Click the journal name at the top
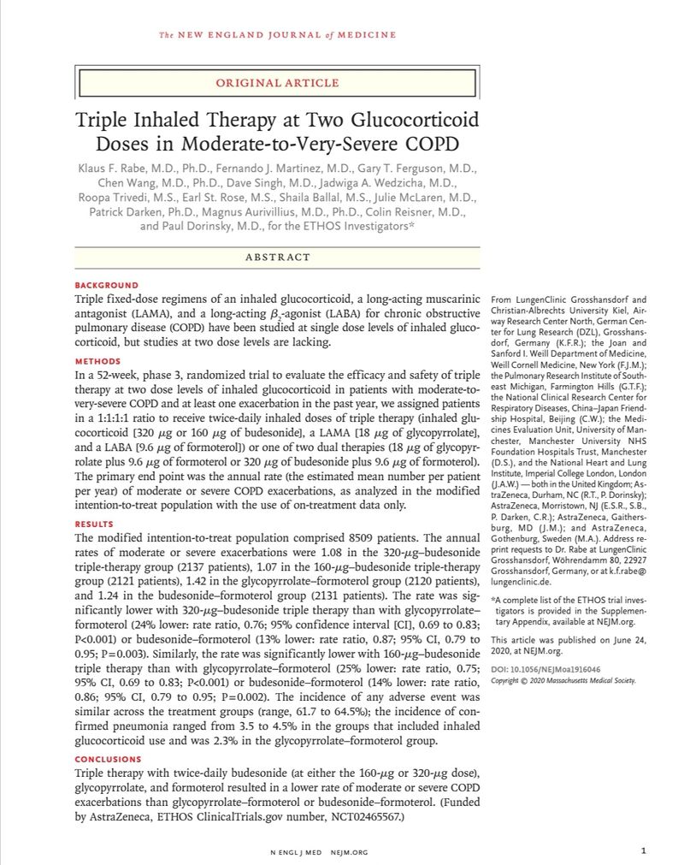[x=278, y=35]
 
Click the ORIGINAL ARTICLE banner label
[x=277, y=83]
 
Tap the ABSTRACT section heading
[x=277, y=257]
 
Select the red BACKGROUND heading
[x=106, y=285]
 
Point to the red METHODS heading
[x=98, y=361]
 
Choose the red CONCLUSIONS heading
[x=108, y=759]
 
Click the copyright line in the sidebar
[x=563, y=680]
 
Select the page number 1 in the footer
[x=642, y=850]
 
